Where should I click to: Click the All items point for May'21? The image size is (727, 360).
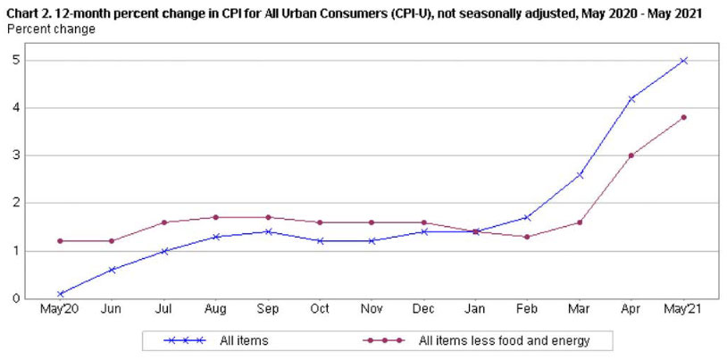683,61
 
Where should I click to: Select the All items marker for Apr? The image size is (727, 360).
631,98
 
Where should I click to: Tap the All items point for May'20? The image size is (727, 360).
59,293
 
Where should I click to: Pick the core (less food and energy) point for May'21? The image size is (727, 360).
683,117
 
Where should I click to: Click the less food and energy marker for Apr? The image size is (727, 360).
631,155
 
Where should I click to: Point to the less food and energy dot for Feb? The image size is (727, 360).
527,237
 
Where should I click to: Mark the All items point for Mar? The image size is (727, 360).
580,174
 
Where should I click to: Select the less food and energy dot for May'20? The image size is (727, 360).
59,241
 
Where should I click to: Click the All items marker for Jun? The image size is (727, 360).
111,270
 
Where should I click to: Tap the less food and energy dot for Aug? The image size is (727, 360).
215,217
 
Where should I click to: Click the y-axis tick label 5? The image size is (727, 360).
16,61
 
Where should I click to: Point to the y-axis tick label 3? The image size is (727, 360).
16,155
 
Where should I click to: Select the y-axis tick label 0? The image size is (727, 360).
16,298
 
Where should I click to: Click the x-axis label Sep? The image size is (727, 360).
267,310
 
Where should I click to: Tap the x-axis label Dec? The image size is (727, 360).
423,310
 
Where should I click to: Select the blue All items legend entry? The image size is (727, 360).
214,340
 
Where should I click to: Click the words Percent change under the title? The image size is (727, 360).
51,29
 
